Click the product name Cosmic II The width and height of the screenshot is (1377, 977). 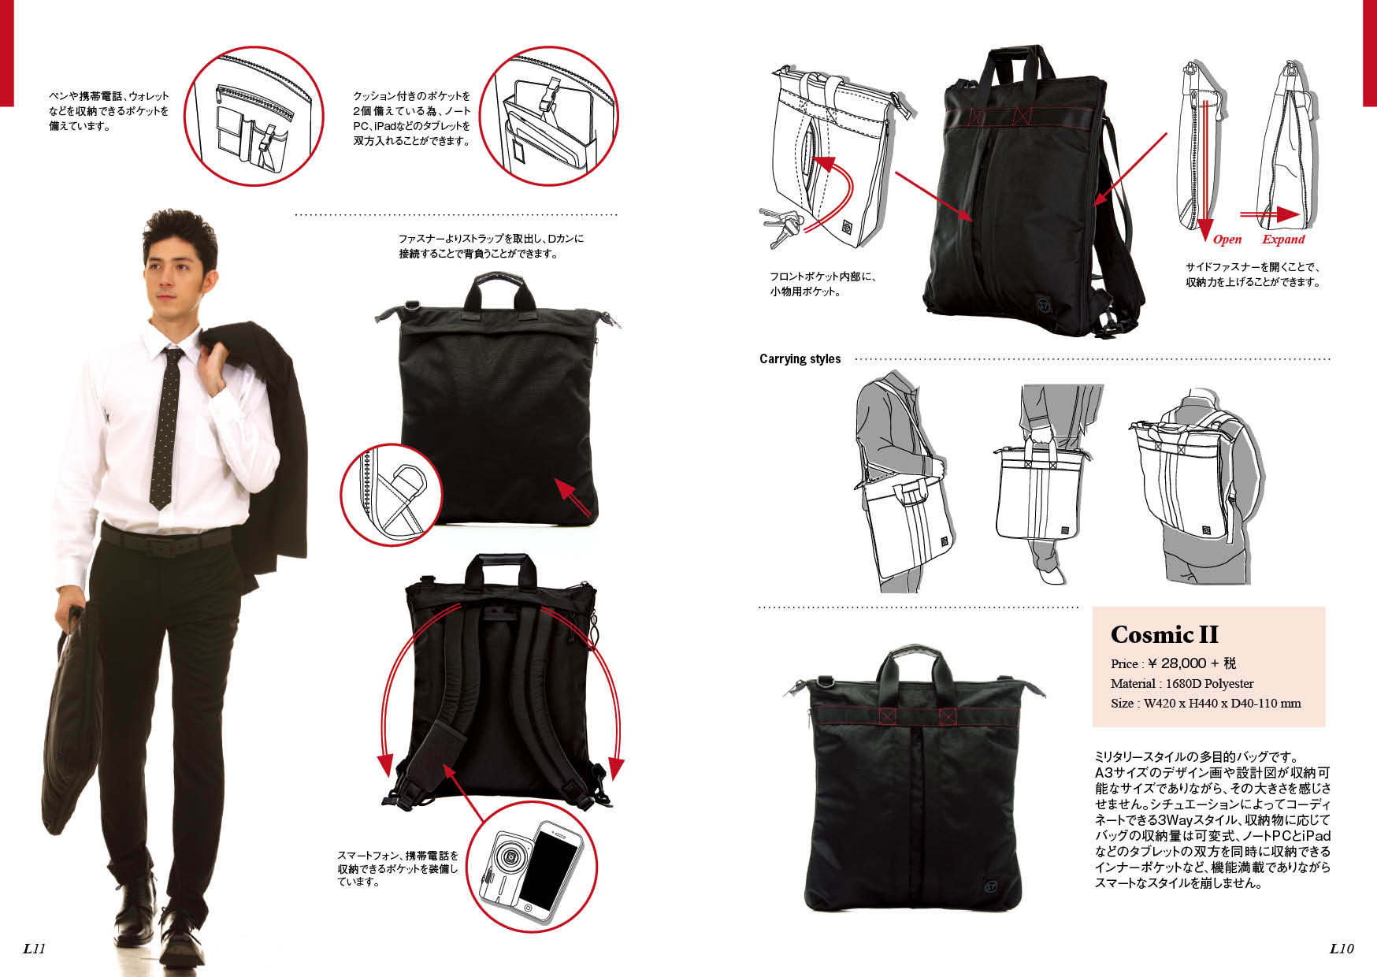1164,634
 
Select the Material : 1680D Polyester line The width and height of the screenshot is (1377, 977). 1182,683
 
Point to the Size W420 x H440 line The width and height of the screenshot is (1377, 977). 1205,703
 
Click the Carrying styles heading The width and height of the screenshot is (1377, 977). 800,358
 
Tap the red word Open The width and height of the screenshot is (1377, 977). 1227,240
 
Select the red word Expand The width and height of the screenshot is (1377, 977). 1283,240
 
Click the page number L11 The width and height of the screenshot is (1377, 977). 34,949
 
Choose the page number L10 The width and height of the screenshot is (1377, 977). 1342,949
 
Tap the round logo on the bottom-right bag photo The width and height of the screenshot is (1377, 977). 991,886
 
